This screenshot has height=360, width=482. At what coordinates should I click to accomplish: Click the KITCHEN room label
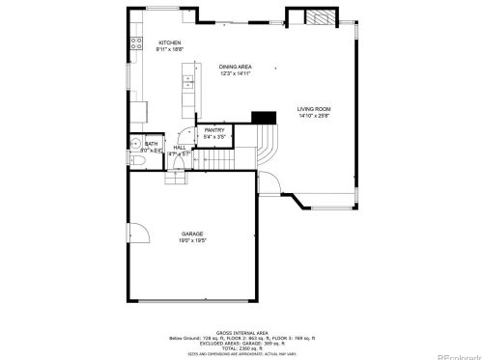170,42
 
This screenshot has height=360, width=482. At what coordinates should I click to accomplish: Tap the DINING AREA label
235,65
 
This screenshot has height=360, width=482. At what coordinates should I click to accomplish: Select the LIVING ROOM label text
313,110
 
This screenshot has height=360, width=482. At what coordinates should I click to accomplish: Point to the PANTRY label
213,131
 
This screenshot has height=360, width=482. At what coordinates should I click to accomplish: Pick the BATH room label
151,144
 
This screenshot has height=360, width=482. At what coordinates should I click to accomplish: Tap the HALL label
180,148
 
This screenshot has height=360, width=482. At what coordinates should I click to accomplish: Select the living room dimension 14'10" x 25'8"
313,117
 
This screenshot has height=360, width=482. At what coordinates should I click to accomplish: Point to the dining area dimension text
235,71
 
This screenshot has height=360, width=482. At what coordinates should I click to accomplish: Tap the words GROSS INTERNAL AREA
236,329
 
